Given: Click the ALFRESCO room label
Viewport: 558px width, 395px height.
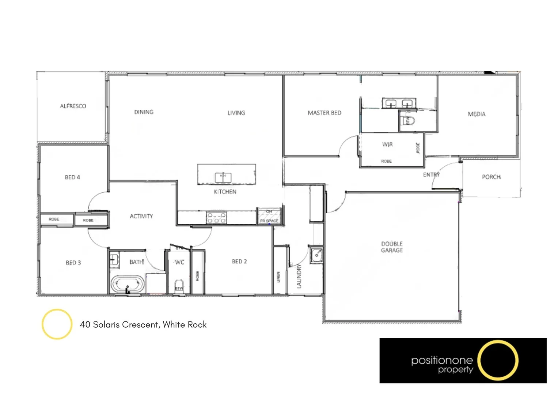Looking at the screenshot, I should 73,106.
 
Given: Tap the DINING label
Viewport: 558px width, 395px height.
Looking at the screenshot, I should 144,112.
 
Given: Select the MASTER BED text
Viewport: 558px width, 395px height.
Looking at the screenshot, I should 324,113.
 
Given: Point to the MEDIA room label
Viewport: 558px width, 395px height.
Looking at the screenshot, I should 477,114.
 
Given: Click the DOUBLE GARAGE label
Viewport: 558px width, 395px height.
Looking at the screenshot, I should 392,247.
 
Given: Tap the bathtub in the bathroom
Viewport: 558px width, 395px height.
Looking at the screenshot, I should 127,284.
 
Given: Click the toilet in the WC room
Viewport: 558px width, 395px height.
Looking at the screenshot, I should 179,285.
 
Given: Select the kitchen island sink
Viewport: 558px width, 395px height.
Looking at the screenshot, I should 223,178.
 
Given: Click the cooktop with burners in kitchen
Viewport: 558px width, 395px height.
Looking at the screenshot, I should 216,218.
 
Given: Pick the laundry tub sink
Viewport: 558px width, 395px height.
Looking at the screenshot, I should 316,255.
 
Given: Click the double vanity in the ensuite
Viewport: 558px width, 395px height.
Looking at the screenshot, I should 399,103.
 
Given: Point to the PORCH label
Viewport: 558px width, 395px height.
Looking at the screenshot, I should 491,177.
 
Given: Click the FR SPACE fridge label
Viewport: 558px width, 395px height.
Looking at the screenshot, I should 269,221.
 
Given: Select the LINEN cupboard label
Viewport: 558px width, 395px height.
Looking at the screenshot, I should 278,277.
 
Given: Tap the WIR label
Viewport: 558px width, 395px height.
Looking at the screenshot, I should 387,144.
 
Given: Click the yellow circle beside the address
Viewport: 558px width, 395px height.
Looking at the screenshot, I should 57,324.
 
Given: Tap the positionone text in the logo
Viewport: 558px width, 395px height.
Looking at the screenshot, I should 442,360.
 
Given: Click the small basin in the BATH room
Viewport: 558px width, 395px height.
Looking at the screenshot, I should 114,260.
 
